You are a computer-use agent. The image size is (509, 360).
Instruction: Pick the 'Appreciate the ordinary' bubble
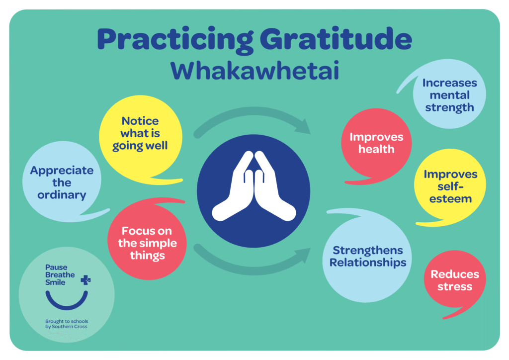[62, 182]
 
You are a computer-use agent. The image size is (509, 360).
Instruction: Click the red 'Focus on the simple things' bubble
[147, 243]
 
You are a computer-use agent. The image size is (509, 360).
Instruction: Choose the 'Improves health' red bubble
[376, 143]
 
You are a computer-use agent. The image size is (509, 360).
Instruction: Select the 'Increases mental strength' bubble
[449, 95]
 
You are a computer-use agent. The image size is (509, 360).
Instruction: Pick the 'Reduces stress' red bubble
[454, 280]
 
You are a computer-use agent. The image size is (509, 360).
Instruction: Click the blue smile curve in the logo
[67, 301]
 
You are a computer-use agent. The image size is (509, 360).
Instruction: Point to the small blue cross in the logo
[85, 280]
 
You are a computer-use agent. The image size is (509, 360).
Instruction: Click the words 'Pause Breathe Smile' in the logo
[60, 274]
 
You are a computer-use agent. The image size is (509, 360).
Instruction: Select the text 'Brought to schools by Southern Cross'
[67, 325]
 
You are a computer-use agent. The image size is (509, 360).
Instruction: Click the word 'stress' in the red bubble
[455, 287]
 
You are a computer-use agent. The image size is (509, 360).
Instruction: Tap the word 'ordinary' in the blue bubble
[62, 194]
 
